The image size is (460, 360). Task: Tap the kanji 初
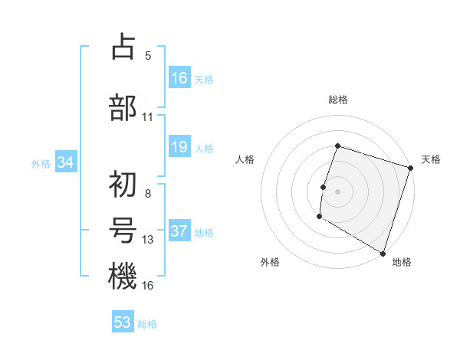(x=123, y=184)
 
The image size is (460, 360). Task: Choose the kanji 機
(x=123, y=277)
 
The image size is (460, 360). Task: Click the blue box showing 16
(x=179, y=78)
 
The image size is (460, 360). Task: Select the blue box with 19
(x=179, y=147)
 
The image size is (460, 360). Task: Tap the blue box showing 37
(x=179, y=232)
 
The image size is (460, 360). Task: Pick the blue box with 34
(x=65, y=162)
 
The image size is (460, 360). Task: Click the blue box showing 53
(x=123, y=322)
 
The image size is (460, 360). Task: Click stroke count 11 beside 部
(x=148, y=117)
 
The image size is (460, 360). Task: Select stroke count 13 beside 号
(x=148, y=240)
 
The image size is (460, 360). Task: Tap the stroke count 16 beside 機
(x=148, y=286)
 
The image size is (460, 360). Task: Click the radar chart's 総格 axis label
(x=337, y=100)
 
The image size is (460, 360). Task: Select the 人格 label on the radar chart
(x=245, y=159)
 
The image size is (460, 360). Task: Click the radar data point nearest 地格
(x=382, y=252)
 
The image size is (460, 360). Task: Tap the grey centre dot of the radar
(x=337, y=191)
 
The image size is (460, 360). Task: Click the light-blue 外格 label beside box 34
(x=41, y=163)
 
